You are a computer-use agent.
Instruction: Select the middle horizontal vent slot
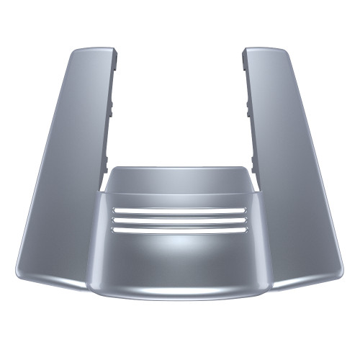coord(180,220)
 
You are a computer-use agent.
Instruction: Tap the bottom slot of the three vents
coord(180,230)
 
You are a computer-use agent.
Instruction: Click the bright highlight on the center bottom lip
coord(180,288)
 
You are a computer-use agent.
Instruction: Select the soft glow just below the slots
coord(180,248)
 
